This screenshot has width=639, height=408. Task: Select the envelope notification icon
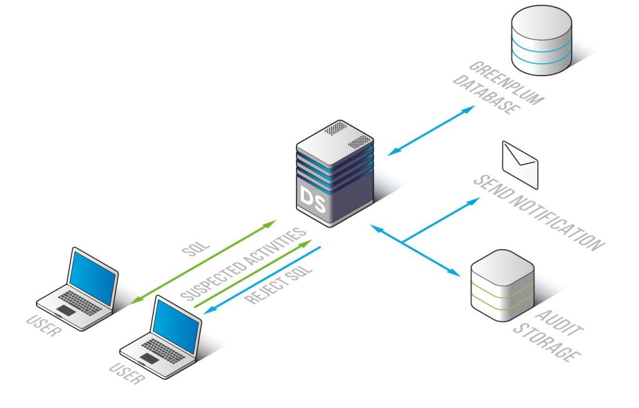pos(520,164)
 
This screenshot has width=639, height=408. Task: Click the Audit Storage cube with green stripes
pos(502,285)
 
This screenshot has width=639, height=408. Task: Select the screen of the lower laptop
pos(177,326)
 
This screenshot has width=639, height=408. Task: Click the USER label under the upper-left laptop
pos(44,326)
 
